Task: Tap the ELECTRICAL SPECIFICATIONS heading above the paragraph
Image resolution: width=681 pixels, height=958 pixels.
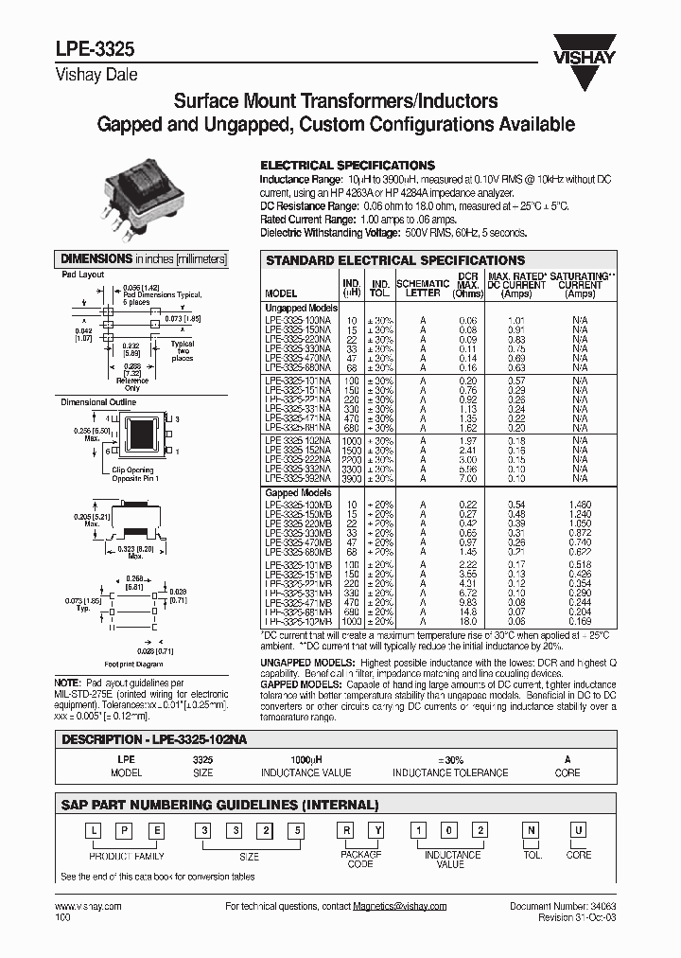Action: pyautogui.click(x=347, y=165)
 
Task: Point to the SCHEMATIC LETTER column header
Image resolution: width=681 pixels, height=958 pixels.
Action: pyautogui.click(x=423, y=288)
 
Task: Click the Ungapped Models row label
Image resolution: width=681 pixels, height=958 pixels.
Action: pyautogui.click(x=302, y=308)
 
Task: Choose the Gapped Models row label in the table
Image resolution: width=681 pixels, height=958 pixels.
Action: pyautogui.click(x=298, y=493)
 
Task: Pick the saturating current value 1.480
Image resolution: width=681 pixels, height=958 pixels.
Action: pyautogui.click(x=580, y=505)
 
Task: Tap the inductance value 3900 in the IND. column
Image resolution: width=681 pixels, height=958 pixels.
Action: pyautogui.click(x=352, y=478)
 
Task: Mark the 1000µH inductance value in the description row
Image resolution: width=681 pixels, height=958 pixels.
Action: pyautogui.click(x=302, y=759)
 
